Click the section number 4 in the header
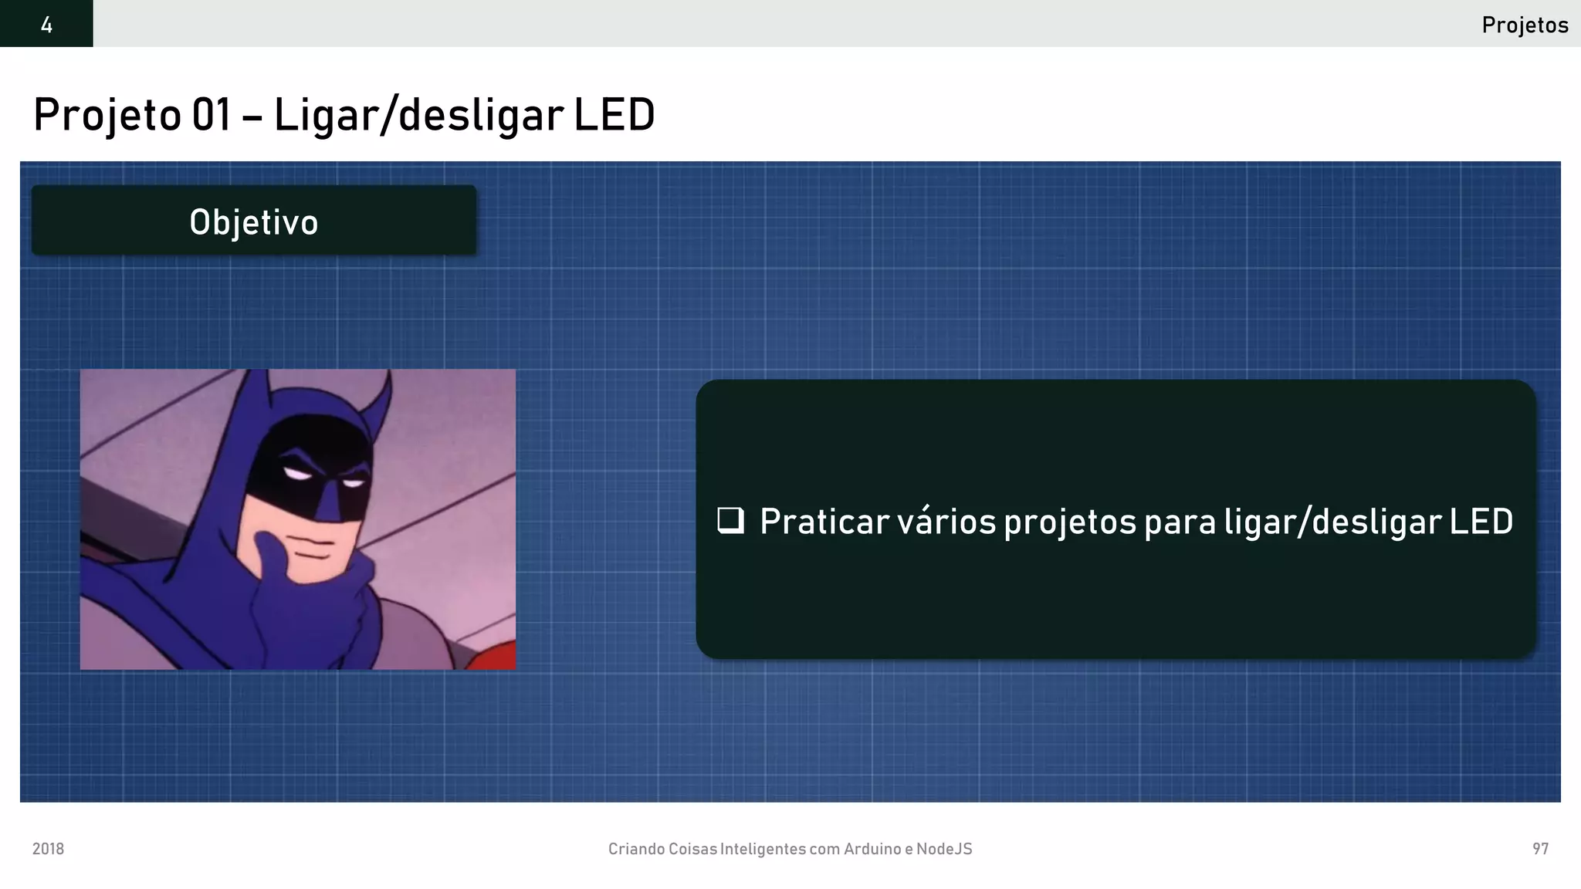tap(46, 25)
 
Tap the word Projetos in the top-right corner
tap(1525, 25)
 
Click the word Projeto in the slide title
tap(107, 115)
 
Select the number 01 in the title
tap(211, 115)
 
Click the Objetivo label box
tap(254, 221)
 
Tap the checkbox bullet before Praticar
tap(730, 521)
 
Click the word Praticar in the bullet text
tap(824, 522)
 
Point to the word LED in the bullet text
tap(1481, 522)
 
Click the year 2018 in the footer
tap(48, 849)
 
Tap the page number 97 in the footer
tap(1540, 849)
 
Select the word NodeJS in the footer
tap(943, 849)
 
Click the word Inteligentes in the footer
tap(763, 849)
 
